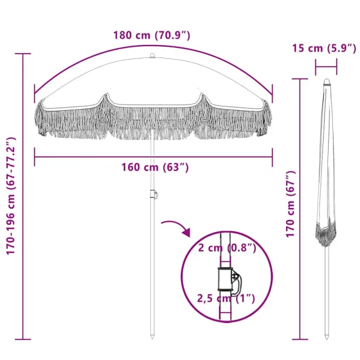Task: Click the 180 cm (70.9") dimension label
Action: (x=151, y=35)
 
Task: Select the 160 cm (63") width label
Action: (x=150, y=167)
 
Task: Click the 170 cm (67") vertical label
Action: (x=291, y=204)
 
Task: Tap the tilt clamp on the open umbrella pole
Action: (x=153, y=196)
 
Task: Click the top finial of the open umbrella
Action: (x=152, y=57)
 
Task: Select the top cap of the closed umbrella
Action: (x=326, y=81)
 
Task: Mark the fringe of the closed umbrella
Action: (x=326, y=233)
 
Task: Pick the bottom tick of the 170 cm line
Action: (x=300, y=338)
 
